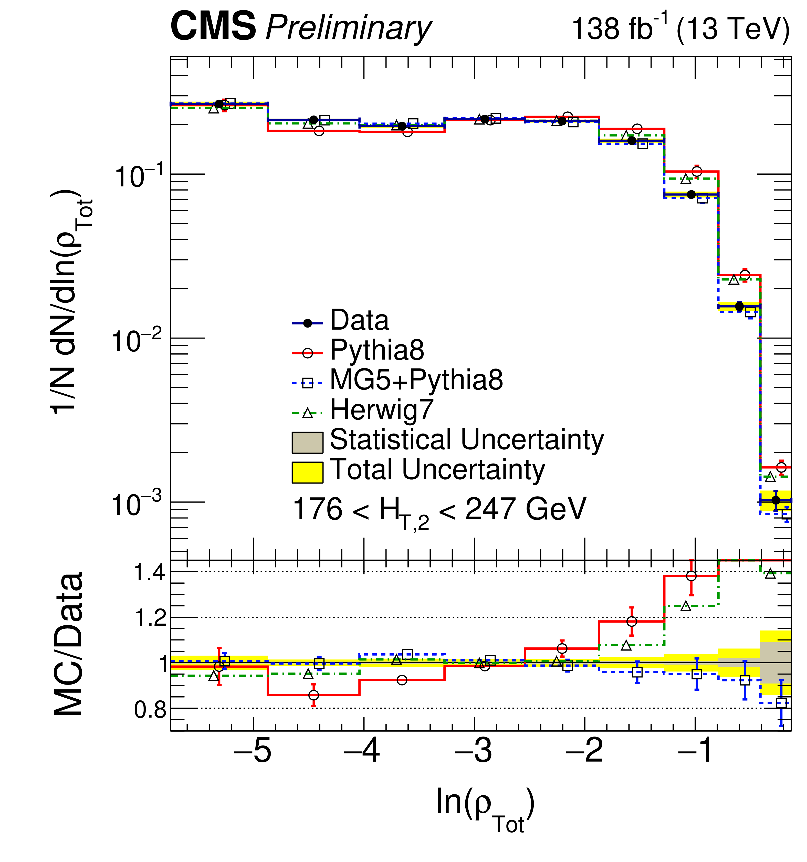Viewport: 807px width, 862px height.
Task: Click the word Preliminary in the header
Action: [348, 29]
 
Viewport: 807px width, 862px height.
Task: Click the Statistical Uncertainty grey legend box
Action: [307, 442]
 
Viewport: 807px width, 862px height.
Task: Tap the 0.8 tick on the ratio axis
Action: [150, 710]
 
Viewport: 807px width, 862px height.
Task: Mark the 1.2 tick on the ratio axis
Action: [150, 618]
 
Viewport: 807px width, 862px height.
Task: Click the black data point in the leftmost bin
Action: [219, 104]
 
